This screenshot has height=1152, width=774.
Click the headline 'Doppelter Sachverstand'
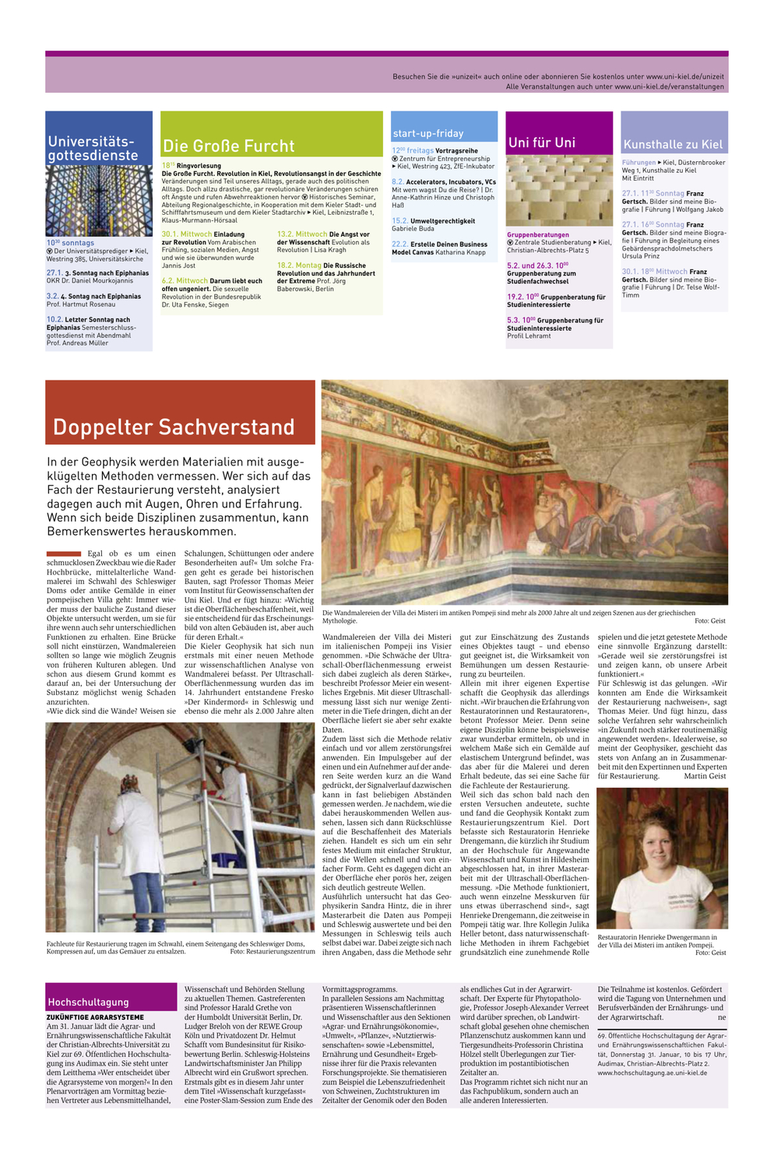coord(174,427)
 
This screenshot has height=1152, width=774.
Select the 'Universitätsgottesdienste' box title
coord(93,148)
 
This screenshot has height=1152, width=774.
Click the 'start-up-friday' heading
coord(427,133)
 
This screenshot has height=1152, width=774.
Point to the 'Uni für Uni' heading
coord(542,142)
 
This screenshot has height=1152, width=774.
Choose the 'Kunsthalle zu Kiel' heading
coord(673,144)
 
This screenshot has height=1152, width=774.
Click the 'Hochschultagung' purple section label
coord(88,1002)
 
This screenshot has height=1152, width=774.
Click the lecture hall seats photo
coord(558,190)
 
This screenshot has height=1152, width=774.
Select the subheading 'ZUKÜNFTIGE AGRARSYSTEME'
coord(95,1017)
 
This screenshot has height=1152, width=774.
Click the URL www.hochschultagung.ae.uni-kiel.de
coord(653,1072)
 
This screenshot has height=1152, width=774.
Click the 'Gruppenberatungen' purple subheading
coord(538,234)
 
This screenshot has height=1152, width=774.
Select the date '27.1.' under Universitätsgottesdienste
coord(54,273)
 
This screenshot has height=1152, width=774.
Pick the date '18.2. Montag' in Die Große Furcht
coord(299,265)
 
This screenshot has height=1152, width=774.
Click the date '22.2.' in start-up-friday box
coord(399,244)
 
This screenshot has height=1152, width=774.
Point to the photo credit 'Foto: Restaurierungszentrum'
coord(273,951)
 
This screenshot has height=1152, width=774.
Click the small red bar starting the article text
coord(64,553)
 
